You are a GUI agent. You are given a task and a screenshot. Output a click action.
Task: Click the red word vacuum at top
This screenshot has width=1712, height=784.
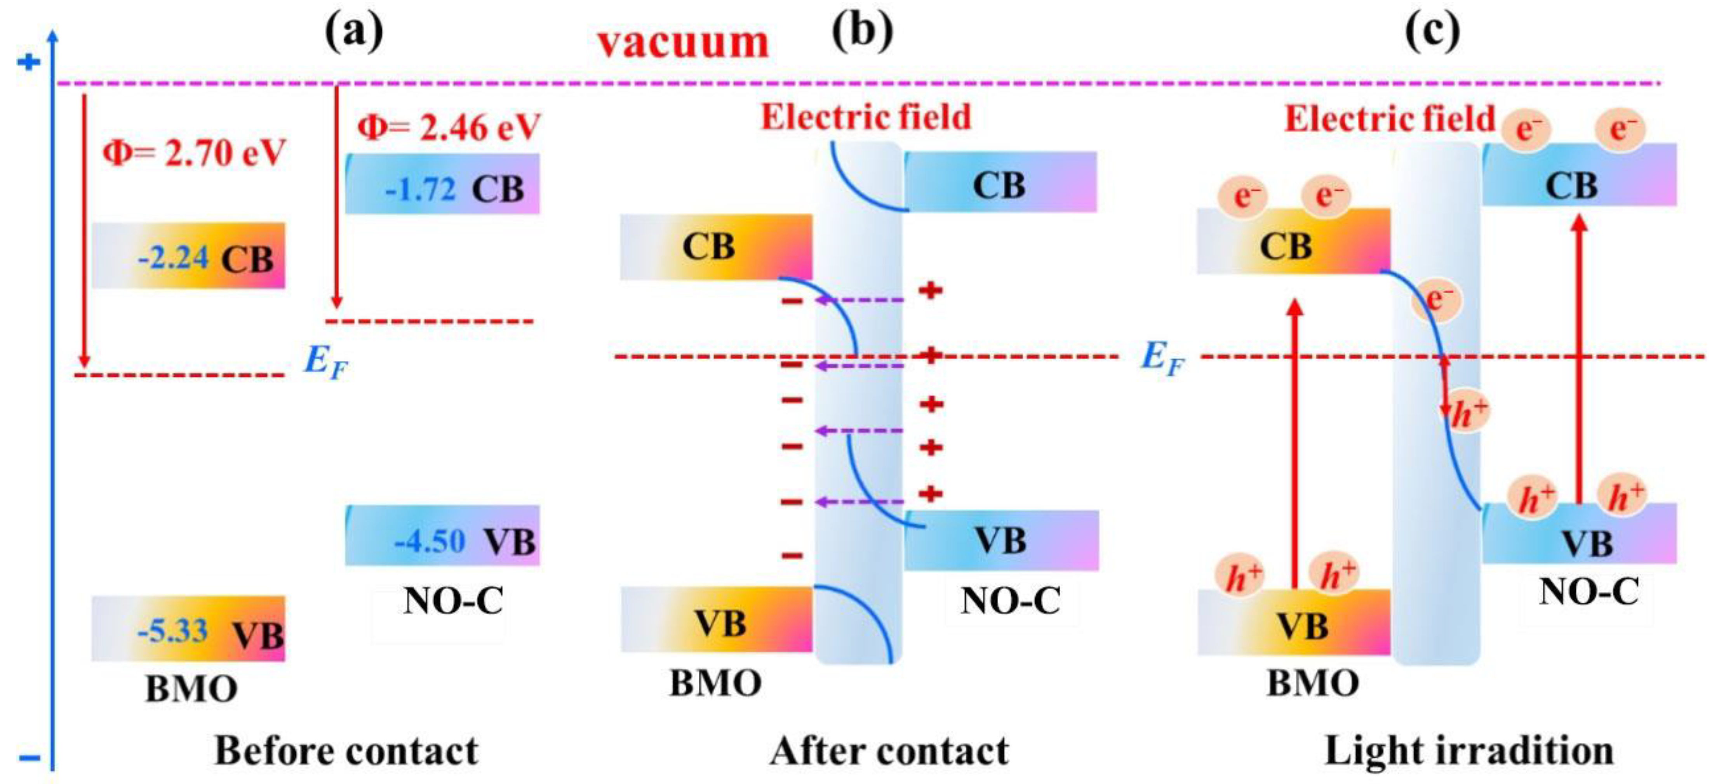click(683, 43)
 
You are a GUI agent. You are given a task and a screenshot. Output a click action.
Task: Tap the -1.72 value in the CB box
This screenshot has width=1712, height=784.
click(420, 190)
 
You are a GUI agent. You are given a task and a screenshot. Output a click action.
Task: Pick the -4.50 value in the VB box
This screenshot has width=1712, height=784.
click(429, 541)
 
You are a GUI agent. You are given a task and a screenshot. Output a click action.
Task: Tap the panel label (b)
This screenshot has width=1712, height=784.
click(862, 31)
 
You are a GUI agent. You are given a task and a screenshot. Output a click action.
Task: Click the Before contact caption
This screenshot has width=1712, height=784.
click(346, 751)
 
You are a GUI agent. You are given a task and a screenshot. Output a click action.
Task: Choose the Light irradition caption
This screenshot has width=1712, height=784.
click(1469, 751)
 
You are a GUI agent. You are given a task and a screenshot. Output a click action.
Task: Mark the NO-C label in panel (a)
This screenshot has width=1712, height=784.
click(452, 601)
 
